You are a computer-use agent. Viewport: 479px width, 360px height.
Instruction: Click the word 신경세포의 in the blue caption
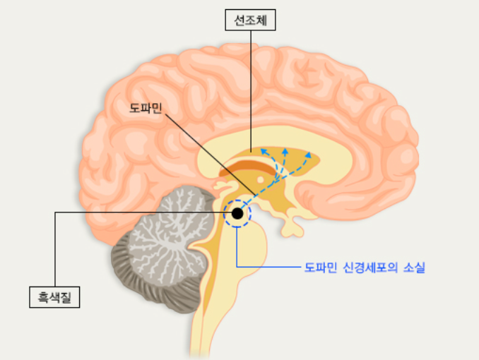coord(368,268)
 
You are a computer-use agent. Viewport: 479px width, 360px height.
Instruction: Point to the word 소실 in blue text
coord(413,268)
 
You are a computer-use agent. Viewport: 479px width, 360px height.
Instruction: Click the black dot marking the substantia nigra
coord(237,212)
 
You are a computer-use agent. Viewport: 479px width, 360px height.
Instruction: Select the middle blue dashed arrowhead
coord(285,150)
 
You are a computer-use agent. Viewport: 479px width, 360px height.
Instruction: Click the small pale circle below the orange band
coord(260,179)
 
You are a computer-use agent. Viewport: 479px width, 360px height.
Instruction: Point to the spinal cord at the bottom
coord(215,332)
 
